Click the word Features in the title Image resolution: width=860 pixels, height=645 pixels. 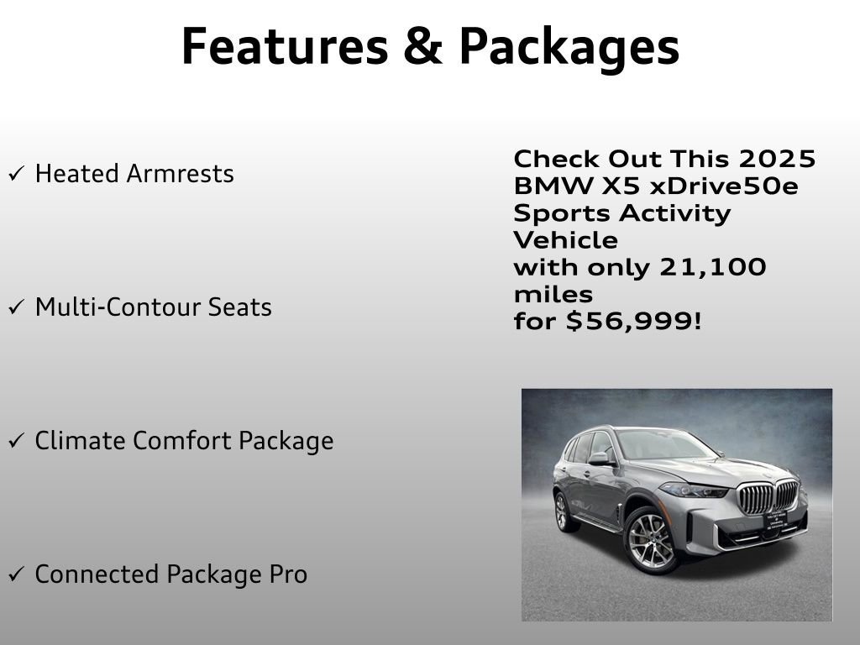click(282, 46)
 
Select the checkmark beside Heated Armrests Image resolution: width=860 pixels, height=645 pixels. click(16, 175)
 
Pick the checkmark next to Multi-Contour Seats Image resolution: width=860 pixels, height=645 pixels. click(16, 308)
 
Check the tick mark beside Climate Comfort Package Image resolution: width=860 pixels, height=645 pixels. click(16, 442)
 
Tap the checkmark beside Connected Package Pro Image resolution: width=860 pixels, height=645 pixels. click(16, 575)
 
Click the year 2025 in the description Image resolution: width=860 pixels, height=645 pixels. click(777, 159)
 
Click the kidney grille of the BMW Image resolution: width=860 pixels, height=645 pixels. click(768, 497)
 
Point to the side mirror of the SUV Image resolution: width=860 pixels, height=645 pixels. click(599, 459)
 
